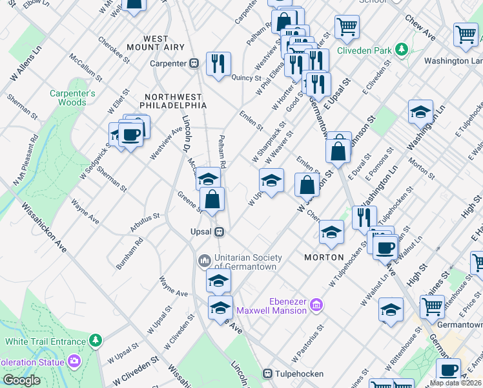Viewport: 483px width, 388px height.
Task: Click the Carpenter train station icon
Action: coord(193,63)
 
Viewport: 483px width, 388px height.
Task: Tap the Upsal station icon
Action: coord(220,232)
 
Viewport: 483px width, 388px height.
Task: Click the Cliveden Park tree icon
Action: coord(402,49)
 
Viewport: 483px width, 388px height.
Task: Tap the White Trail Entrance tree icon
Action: coord(96,340)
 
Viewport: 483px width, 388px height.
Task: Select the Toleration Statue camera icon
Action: coord(75,360)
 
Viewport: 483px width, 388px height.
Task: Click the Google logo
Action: coord(21,380)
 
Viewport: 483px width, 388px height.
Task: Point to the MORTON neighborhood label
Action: coord(324,257)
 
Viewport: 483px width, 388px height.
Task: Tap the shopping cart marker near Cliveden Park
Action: coord(347,27)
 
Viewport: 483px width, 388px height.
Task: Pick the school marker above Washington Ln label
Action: coord(420,111)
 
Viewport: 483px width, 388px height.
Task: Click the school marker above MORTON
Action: coord(331,232)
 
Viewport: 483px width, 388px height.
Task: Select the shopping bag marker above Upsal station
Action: coord(212,199)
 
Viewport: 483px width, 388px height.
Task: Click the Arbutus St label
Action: coord(146,217)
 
